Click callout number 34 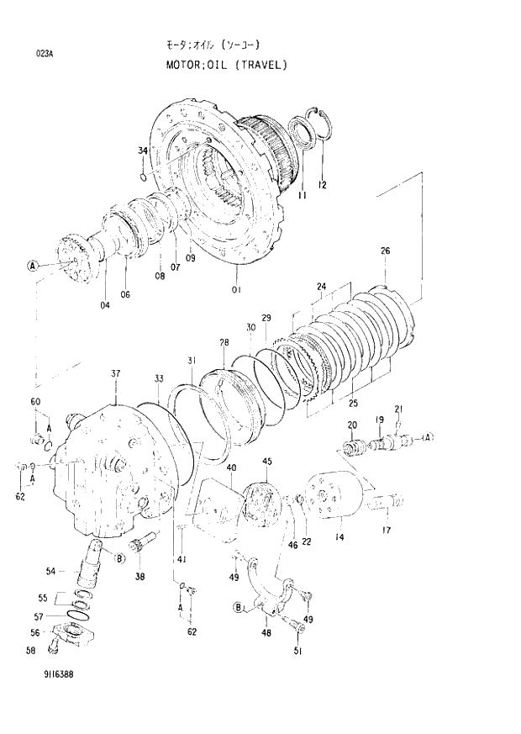tap(143, 151)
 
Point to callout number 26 tap(385, 251)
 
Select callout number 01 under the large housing tap(236, 290)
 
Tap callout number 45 tap(267, 462)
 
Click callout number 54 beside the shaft tap(50, 571)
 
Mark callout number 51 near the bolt tap(297, 650)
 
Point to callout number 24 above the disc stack tap(320, 287)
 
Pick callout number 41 tap(182, 560)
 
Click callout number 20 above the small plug tap(352, 425)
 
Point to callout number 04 tap(104, 305)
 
